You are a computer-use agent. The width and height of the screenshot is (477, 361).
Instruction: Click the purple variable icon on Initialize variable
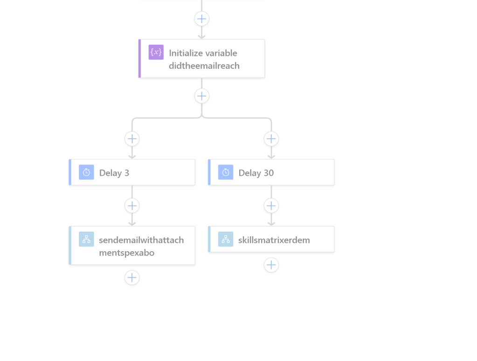[156, 52]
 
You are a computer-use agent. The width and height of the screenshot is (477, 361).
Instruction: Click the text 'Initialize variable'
[203, 53]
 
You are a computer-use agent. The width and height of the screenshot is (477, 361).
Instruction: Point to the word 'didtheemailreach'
[204, 66]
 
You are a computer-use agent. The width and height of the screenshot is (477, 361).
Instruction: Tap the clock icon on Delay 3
[86, 172]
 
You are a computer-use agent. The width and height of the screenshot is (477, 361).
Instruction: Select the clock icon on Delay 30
[226, 172]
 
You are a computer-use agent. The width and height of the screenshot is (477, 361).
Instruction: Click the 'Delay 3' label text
[114, 173]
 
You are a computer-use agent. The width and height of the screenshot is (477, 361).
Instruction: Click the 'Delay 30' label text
[256, 173]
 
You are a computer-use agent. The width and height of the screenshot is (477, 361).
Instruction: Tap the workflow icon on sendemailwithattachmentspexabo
[86, 239]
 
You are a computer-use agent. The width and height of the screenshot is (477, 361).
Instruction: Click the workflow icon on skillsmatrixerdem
[226, 239]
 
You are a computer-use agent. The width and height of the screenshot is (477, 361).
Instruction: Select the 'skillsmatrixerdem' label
[274, 240]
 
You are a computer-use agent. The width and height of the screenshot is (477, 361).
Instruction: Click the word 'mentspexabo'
[126, 253]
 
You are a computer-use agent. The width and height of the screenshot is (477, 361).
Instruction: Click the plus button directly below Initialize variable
[202, 96]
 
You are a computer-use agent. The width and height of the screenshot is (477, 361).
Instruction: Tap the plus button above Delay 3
[132, 139]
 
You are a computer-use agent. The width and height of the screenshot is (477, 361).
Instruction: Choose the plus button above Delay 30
[271, 139]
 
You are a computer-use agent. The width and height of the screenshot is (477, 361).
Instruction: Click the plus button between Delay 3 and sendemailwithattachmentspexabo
[132, 206]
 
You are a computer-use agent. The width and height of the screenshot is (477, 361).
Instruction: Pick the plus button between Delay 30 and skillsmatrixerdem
[271, 206]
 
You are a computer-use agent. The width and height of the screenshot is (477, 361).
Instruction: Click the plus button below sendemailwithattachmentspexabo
[132, 278]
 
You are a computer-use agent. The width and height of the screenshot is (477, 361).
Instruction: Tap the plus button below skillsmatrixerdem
[271, 265]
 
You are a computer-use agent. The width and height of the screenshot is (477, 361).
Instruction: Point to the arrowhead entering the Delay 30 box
[271, 157]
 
